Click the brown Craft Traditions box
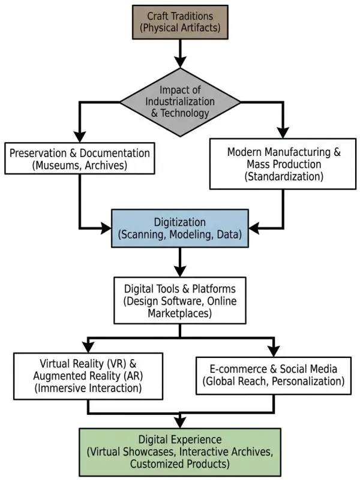(x=179, y=22)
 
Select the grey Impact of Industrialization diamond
(x=180, y=101)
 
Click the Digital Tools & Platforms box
(x=180, y=300)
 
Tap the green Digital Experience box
(x=180, y=451)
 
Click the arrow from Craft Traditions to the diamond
(x=179, y=55)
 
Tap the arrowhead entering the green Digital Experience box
(x=179, y=421)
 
